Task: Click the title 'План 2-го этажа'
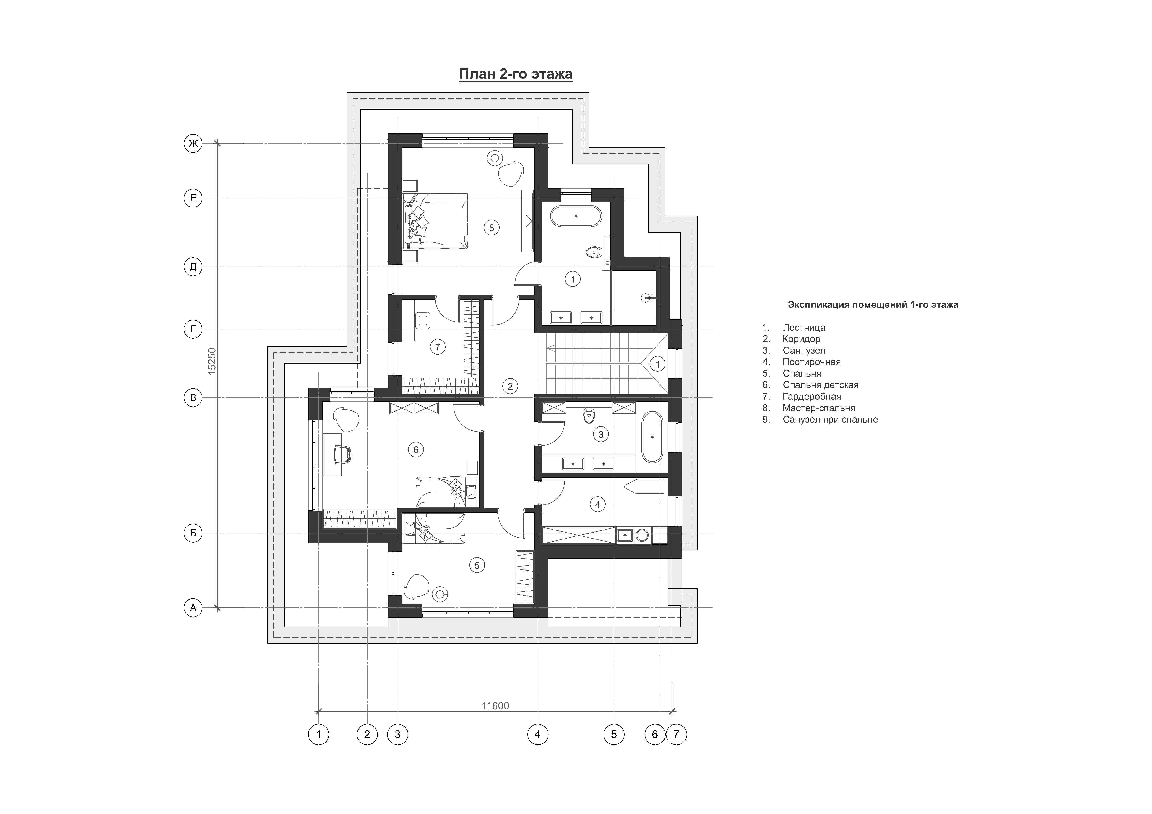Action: tap(516, 74)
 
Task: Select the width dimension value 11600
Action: tap(495, 706)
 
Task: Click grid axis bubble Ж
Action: tap(193, 144)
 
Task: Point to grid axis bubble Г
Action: tap(193, 329)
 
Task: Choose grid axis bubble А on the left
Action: tap(193, 608)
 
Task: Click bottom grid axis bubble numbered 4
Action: tap(538, 735)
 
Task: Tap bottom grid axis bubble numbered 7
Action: tap(676, 735)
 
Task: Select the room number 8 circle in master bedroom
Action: tap(492, 228)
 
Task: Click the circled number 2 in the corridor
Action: tap(510, 386)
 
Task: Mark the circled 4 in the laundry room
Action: tap(597, 504)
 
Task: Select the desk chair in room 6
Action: tap(343, 454)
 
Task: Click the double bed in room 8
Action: tap(435, 221)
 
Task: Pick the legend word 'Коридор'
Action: tap(801, 339)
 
